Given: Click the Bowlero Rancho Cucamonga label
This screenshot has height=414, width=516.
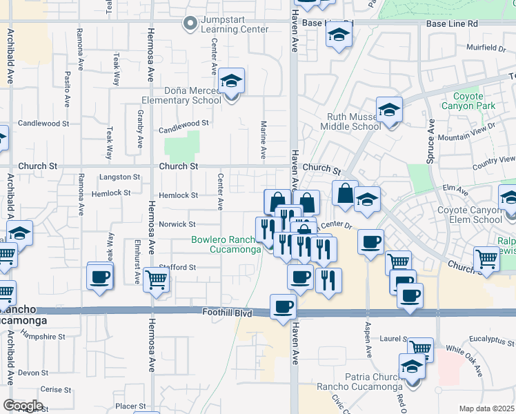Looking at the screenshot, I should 226,245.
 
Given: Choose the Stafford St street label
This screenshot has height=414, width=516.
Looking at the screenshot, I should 177,267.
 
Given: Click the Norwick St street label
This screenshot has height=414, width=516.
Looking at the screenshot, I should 177,224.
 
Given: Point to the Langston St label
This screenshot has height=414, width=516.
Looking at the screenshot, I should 120,177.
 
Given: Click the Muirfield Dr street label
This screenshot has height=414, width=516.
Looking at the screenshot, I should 486,48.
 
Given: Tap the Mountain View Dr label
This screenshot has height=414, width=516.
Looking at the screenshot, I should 466,132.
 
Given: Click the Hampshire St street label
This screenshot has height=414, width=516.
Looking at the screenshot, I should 43,337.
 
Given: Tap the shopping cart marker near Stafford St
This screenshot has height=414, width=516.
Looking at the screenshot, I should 157,280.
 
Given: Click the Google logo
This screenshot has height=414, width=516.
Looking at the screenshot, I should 23,406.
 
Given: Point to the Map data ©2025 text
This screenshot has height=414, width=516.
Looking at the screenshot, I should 487,408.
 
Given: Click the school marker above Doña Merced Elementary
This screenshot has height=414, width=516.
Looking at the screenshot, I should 232,83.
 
